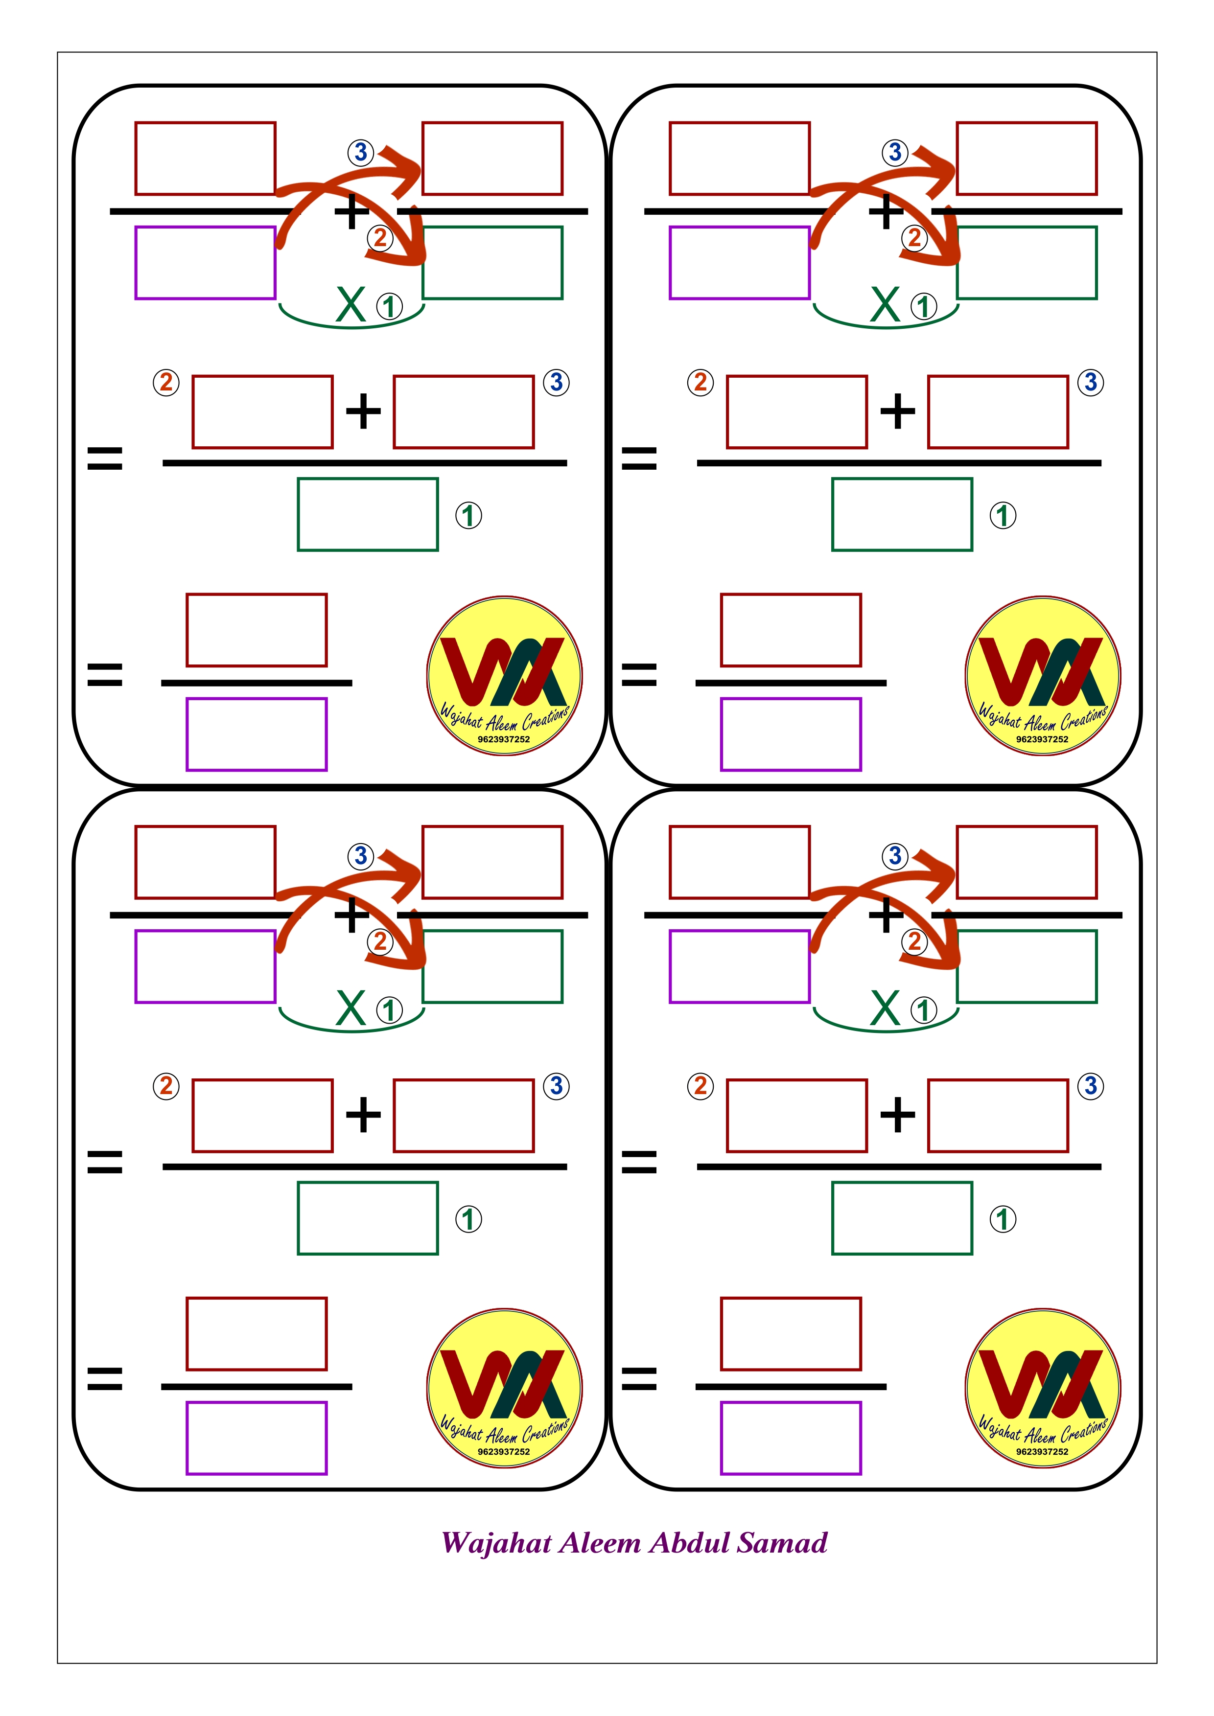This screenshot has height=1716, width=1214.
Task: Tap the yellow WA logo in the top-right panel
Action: tap(1042, 676)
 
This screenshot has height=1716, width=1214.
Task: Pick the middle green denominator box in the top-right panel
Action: tap(902, 514)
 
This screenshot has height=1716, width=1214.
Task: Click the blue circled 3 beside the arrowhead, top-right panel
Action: tap(895, 153)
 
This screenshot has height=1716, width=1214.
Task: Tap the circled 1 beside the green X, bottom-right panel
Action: tap(924, 1010)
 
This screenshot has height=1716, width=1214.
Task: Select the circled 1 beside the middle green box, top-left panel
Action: tap(468, 516)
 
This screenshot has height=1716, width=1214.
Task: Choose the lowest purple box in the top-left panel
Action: tap(257, 734)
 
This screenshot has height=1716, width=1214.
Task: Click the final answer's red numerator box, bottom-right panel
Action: tap(791, 1334)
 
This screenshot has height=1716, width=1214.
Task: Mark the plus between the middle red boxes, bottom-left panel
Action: tap(363, 1115)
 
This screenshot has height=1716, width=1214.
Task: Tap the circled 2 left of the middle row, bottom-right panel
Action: tap(700, 1086)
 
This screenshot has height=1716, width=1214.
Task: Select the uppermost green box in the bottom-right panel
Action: tap(1027, 966)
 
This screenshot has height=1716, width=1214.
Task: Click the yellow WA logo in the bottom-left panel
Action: tap(505, 1388)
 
